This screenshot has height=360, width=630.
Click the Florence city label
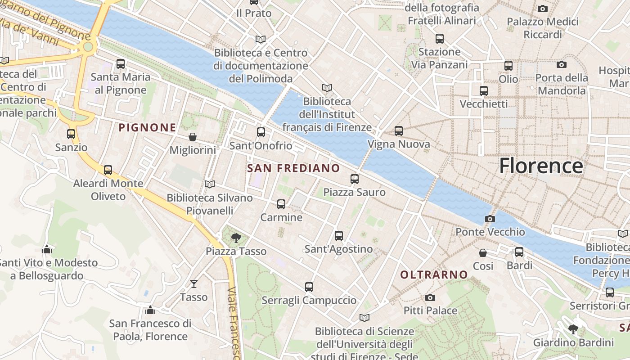(541, 166)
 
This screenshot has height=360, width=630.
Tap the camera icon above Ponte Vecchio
(490, 219)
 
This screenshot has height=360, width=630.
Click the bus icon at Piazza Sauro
(355, 179)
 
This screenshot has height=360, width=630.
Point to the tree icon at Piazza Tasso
(235, 238)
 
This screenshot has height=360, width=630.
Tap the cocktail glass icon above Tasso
(194, 284)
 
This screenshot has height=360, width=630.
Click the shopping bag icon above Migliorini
(193, 137)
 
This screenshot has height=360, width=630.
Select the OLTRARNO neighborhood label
(434, 274)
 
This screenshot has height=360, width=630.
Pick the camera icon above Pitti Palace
(430, 297)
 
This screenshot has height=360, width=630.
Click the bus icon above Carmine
(281, 204)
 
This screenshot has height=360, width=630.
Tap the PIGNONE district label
(147, 128)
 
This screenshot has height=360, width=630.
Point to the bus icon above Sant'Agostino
(339, 236)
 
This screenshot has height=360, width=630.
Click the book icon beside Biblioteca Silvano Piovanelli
(209, 184)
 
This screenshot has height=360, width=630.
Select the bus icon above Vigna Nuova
(399, 131)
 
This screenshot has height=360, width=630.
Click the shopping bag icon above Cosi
(483, 253)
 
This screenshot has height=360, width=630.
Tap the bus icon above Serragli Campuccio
(309, 287)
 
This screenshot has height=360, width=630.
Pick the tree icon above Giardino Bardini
(573, 329)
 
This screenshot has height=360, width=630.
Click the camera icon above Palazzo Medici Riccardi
(543, 9)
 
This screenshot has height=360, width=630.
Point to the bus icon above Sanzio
(71, 134)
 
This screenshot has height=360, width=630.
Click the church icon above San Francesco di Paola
(150, 310)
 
